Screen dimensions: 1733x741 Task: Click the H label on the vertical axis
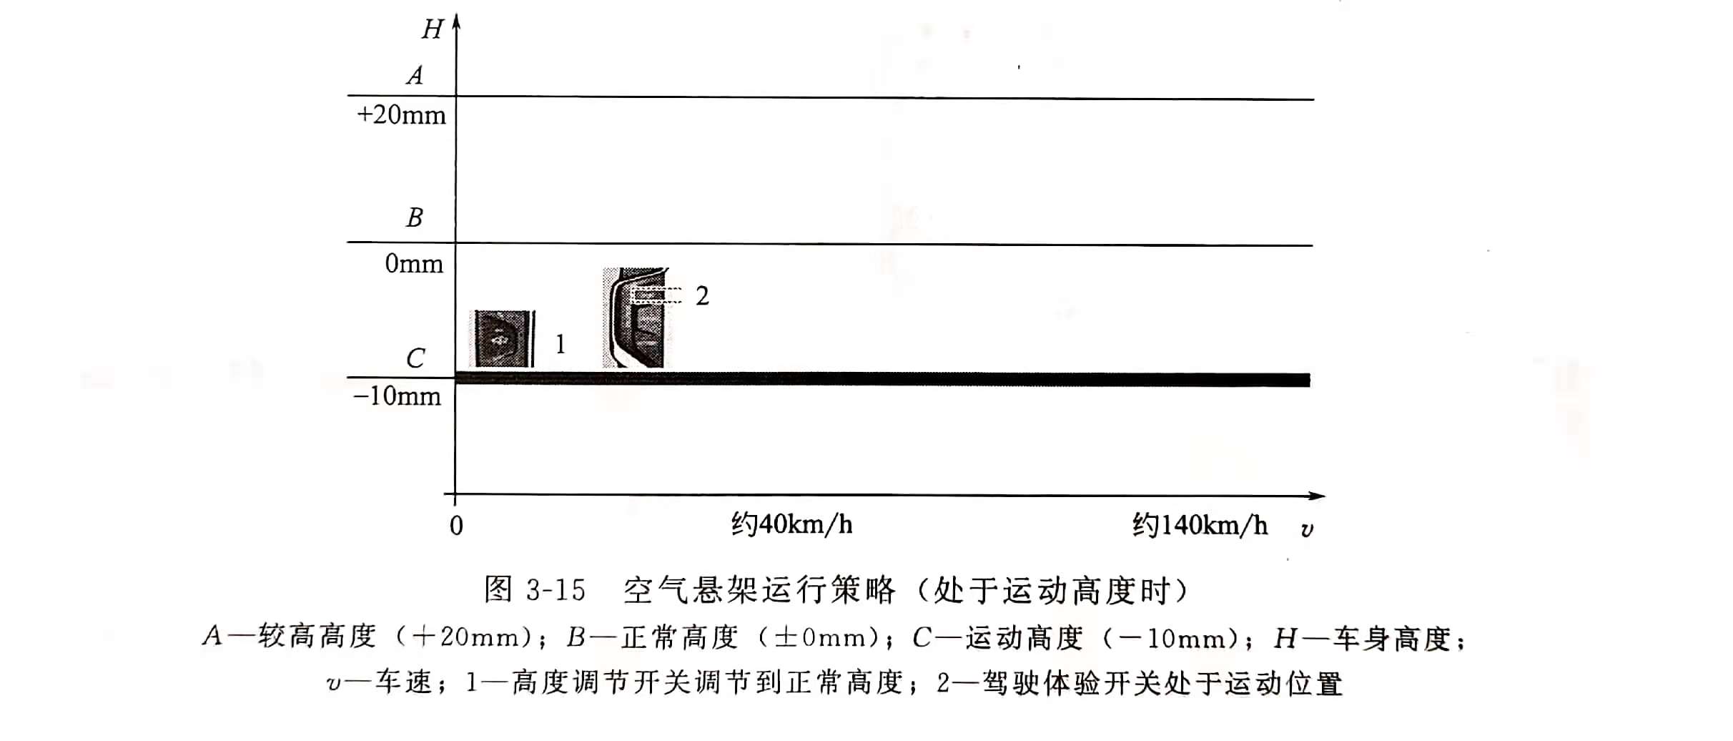[433, 29]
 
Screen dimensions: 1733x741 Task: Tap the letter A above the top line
[415, 75]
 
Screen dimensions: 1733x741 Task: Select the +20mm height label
[401, 115]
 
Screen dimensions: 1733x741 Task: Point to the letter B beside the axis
[415, 217]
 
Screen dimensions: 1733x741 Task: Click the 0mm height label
[414, 264]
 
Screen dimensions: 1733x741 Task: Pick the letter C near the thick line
[415, 358]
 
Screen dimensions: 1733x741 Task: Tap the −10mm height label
[398, 396]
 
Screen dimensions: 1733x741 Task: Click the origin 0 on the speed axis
[456, 526]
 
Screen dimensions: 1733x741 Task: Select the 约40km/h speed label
[791, 525]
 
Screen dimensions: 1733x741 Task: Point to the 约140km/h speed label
[1200, 525]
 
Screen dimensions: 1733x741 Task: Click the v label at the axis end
[1307, 529]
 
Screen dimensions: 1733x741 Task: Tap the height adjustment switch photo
[503, 339]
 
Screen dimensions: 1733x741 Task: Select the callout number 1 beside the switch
[561, 344]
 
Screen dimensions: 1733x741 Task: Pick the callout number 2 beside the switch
[702, 295]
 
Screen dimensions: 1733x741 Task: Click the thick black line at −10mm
[883, 379]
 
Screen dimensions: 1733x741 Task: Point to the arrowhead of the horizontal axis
[1317, 496]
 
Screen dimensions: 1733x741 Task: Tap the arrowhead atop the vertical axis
[456, 21]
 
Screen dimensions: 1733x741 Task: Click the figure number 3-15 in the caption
[556, 590]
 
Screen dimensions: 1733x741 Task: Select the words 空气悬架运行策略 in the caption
[759, 590]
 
